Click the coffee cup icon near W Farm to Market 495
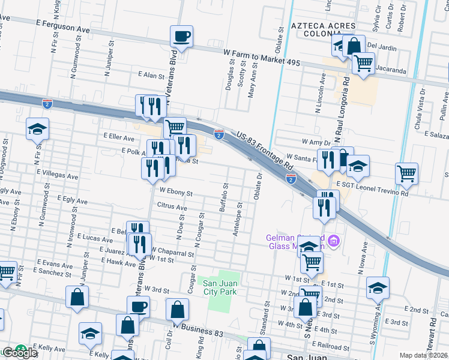[x=181, y=37]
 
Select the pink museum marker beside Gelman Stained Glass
[x=334, y=241]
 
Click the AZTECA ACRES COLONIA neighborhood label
[x=323, y=31]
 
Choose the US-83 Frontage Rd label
[x=264, y=151]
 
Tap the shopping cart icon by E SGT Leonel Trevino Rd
[x=406, y=174]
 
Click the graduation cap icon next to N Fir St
[x=37, y=129]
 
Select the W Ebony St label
[x=175, y=194]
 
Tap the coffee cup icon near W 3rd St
[x=139, y=307]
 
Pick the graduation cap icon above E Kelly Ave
[x=90, y=333]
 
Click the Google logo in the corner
[x=20, y=353]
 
